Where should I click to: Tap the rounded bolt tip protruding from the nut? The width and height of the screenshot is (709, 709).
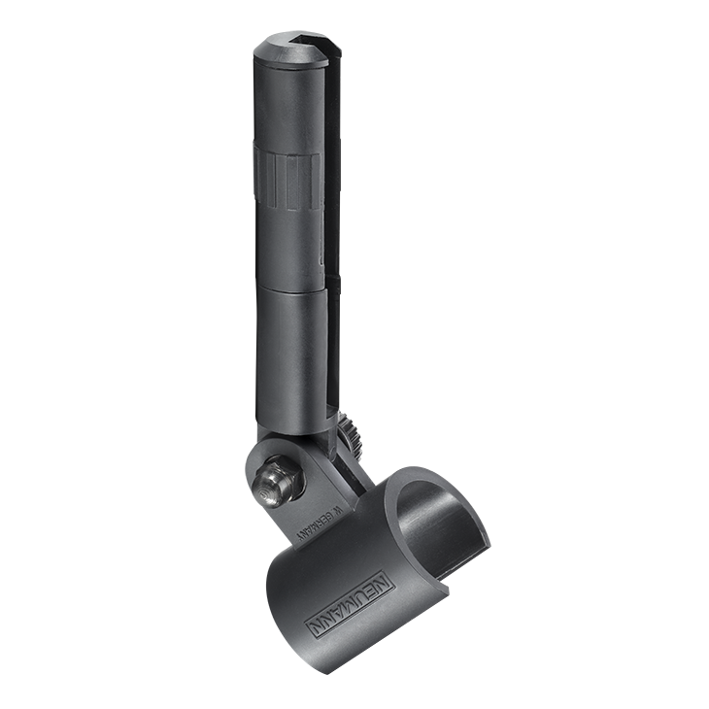(266, 483)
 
